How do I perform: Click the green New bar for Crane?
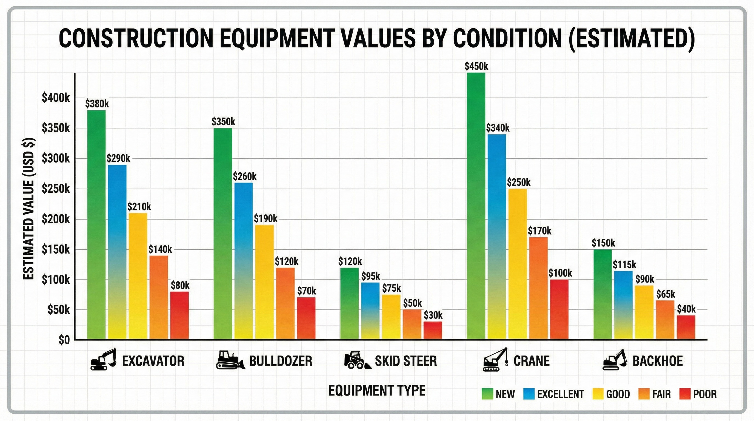[x=476, y=205]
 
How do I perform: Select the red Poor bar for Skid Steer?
[x=433, y=330]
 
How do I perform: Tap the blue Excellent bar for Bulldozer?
[x=244, y=261]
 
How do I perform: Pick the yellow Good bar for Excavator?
[x=138, y=275]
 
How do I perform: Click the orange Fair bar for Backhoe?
[x=665, y=320]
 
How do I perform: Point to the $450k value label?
[x=476, y=66]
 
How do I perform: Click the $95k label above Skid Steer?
[x=370, y=276]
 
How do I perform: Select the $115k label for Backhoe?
[x=624, y=265]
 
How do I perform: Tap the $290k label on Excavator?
[x=118, y=158]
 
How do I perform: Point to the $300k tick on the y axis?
[x=56, y=158]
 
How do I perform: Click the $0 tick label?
[x=64, y=340]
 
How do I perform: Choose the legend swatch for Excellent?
[x=529, y=394]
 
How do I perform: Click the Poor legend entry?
[x=704, y=394]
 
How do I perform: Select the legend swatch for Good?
[x=598, y=394]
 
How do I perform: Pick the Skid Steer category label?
[x=406, y=361]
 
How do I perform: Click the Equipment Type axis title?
[x=377, y=391]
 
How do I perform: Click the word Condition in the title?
[x=507, y=39]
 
